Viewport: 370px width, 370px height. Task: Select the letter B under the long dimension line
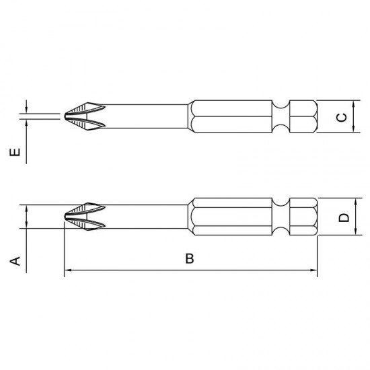[190, 259]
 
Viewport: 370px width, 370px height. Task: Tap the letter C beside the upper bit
[342, 117]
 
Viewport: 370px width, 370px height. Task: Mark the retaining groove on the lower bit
[282, 217]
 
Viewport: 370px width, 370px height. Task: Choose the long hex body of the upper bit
[232, 116]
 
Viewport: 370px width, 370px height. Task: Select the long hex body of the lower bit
[232, 217]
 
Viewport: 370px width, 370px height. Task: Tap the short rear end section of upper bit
[303, 116]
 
